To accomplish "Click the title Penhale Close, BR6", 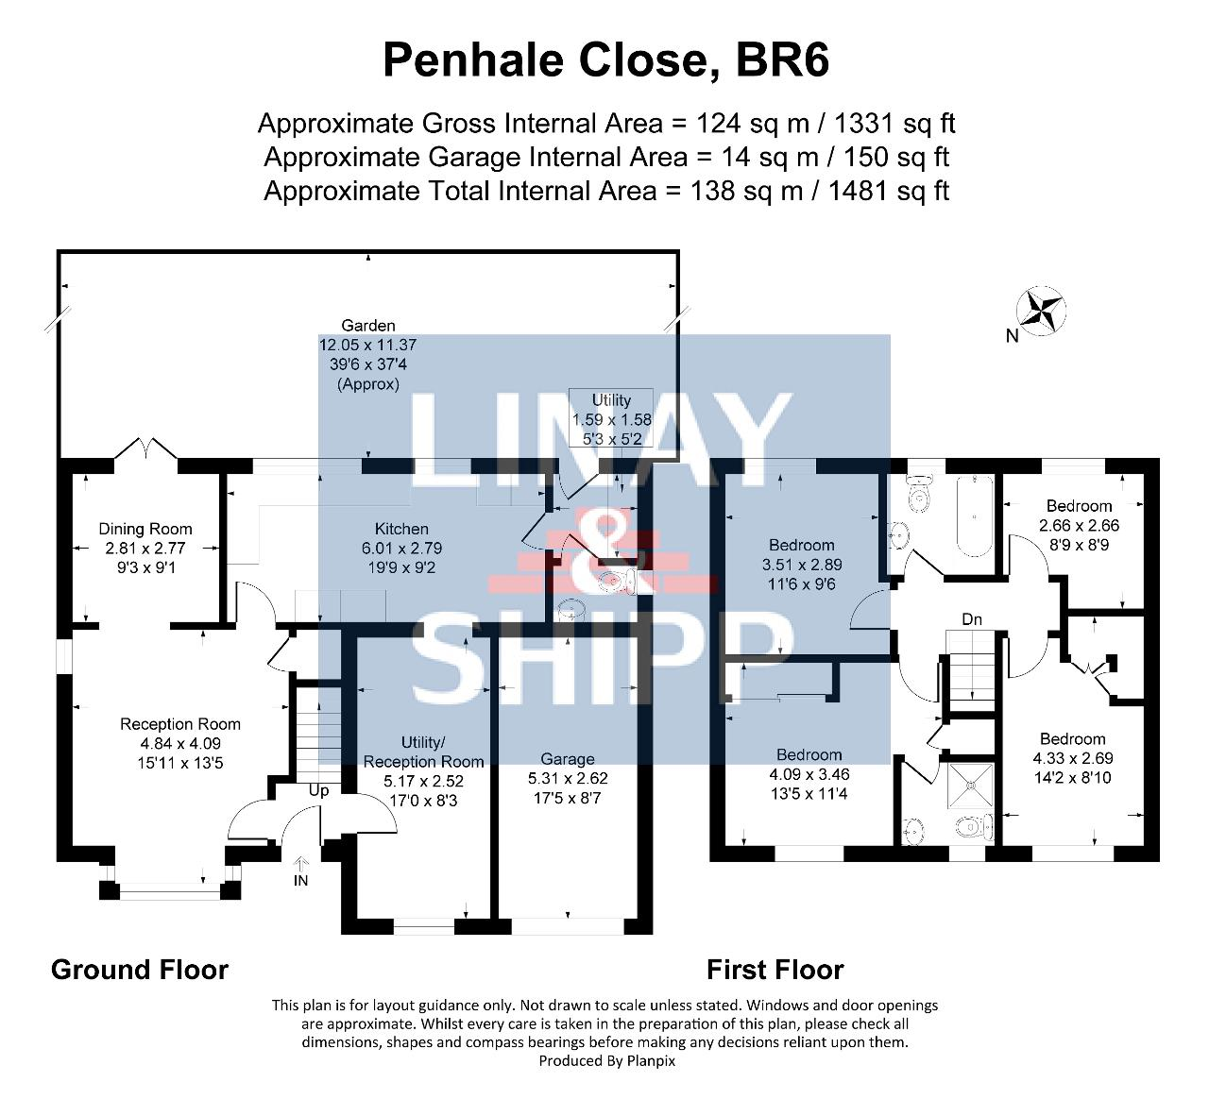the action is click(605, 59).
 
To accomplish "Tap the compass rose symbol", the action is click(1040, 311).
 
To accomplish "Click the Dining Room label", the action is click(145, 529).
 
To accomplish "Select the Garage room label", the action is click(567, 758).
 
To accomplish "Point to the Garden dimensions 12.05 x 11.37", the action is click(367, 345).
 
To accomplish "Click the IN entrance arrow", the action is click(300, 863).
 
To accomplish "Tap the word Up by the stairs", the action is click(319, 790).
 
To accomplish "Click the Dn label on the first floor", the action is click(972, 618).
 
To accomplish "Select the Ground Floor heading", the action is click(140, 970).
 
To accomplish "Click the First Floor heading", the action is click(775, 970).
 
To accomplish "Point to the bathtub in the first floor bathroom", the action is click(975, 516).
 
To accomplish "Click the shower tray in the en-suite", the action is click(970, 786).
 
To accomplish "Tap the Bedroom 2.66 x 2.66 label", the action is click(1079, 525).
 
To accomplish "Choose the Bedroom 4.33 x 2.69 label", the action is click(1073, 758).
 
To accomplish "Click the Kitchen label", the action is click(401, 529).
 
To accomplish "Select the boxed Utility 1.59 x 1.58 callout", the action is click(611, 418).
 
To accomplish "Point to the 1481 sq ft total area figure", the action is click(889, 191).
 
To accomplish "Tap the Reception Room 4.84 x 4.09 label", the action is click(180, 743).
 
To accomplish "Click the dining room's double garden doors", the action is click(145, 448).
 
